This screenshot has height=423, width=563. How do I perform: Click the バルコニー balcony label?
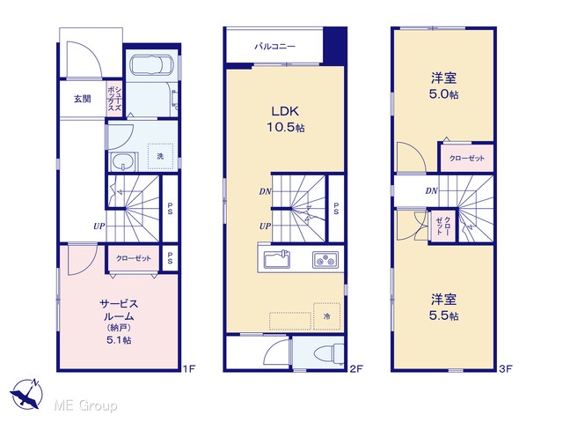[x=274, y=47]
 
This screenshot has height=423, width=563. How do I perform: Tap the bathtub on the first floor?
[x=151, y=65]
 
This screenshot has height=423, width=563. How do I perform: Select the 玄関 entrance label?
[x=83, y=99]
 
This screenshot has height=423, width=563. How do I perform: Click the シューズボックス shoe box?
[x=114, y=99]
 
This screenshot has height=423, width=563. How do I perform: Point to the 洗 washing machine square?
[x=160, y=156]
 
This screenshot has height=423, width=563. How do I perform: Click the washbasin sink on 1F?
[x=124, y=162]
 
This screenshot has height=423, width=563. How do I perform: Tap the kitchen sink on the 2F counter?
[x=277, y=259]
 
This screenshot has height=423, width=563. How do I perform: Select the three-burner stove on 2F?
[x=325, y=259]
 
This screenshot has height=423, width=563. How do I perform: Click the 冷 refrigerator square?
[x=326, y=316]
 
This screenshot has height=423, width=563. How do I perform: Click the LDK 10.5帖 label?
[x=285, y=119]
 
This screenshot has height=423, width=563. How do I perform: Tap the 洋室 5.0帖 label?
[x=443, y=86]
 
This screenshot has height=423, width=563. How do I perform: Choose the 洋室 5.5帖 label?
[x=443, y=308]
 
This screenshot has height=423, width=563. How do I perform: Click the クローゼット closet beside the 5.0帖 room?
[x=467, y=158]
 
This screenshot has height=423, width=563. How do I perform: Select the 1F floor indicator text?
[x=189, y=368]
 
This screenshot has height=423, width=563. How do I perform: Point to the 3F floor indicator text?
[x=506, y=368]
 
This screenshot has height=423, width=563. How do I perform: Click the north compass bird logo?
[x=26, y=394]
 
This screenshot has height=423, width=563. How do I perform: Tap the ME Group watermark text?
[x=86, y=405]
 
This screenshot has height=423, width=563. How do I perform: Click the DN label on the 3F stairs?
[x=432, y=191]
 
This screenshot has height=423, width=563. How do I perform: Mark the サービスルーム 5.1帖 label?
[x=119, y=321]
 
